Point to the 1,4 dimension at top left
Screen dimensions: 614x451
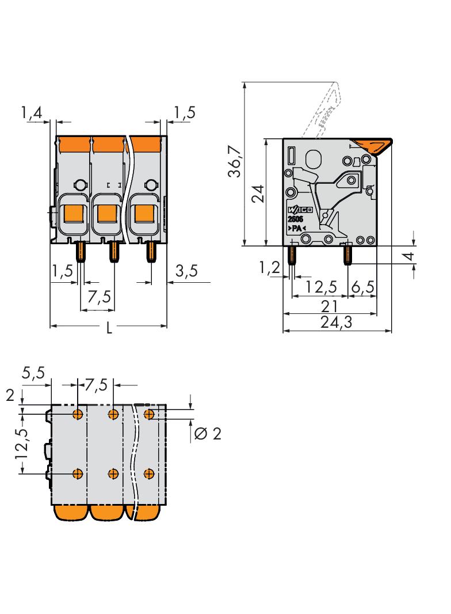pos(32,113)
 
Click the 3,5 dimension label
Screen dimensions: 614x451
pos(186,271)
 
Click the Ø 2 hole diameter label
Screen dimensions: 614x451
pos(208,433)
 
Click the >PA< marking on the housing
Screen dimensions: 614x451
pos(296,229)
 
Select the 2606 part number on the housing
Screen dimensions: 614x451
pos(296,219)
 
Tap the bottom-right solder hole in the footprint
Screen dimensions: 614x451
pos(149,473)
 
